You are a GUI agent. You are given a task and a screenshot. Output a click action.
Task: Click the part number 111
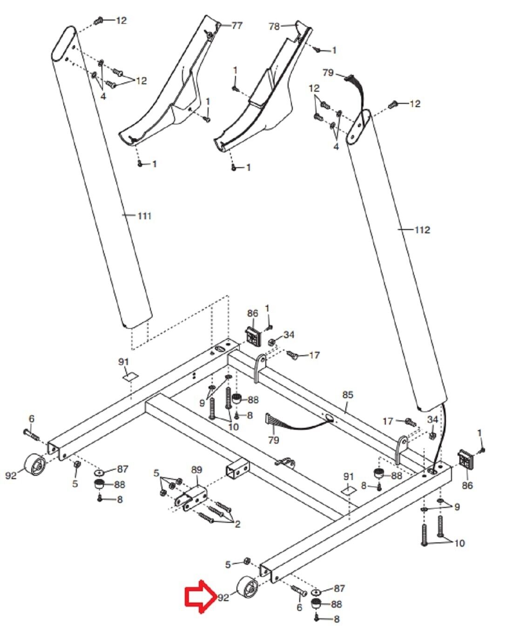point(145,216)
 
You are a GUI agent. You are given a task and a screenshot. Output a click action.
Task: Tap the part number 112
point(422,230)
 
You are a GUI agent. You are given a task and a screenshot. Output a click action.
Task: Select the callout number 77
point(237,26)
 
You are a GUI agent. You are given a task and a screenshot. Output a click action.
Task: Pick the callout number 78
point(274,27)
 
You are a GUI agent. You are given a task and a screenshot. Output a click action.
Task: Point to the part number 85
point(348,395)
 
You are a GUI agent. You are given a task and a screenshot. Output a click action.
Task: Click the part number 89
point(196,469)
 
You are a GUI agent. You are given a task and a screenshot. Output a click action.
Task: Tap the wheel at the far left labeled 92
point(34,465)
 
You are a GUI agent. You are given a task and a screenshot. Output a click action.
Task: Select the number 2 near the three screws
point(237,524)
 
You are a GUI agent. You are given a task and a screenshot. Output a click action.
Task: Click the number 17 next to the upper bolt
point(314,355)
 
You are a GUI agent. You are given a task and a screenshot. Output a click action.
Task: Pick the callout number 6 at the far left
point(32,419)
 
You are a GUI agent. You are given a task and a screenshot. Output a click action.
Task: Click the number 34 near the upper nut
point(289,335)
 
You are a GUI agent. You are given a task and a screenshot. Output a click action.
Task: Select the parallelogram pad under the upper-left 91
point(130,377)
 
